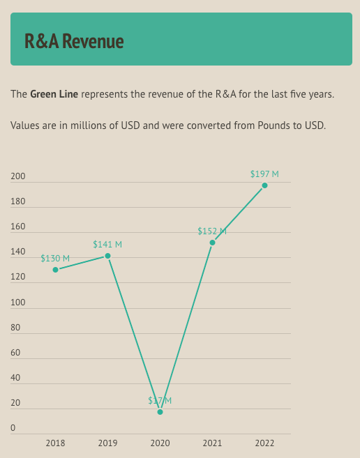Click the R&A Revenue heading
(74, 41)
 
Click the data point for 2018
(55, 270)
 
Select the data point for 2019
(107, 256)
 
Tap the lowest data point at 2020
(160, 412)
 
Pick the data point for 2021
(212, 243)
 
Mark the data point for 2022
(264, 185)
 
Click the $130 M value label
(55, 258)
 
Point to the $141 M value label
(107, 244)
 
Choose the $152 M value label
(212, 231)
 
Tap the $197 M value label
(264, 174)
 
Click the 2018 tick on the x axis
(55, 443)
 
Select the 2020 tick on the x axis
(160, 443)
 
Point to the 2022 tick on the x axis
(264, 443)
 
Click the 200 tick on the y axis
(17, 176)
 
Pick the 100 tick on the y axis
(17, 303)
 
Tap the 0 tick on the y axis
(13, 428)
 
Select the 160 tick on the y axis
(17, 227)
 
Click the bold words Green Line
(54, 94)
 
